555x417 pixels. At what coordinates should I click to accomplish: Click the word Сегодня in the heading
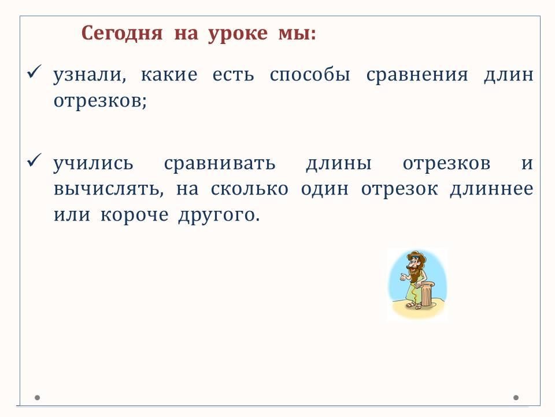pos(122,34)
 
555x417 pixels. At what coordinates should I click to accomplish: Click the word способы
pos(310,75)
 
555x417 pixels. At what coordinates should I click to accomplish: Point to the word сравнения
pos(417,76)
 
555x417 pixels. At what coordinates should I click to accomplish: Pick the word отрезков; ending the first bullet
pos(100,101)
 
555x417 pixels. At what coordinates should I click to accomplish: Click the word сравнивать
pos(220,164)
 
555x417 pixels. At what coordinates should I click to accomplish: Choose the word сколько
pos(250,189)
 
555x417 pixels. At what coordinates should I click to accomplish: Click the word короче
pos(135,215)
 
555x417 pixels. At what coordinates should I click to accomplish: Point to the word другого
pos(219,215)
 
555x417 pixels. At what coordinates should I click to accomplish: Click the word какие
pos(169,75)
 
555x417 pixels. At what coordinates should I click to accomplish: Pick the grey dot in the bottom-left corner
pos(37,397)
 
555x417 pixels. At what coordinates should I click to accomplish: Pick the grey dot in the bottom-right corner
pos(516,397)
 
